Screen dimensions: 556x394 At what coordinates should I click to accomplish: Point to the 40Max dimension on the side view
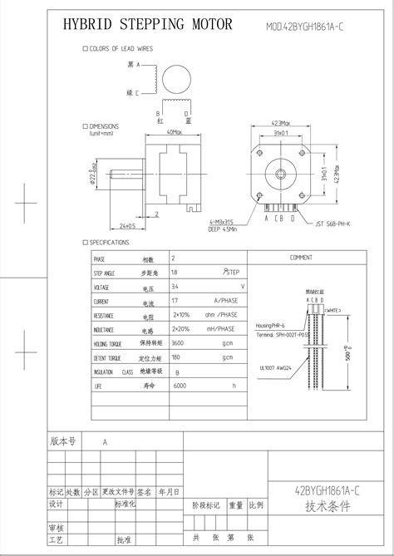click(174, 131)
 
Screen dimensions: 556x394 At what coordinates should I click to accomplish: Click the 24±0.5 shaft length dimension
click(126, 226)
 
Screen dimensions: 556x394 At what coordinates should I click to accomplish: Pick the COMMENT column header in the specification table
click(300, 258)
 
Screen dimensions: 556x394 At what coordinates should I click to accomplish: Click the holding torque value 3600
click(178, 342)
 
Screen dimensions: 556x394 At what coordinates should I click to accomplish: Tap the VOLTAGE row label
click(102, 287)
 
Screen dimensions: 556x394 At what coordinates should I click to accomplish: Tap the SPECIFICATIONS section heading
click(109, 243)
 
